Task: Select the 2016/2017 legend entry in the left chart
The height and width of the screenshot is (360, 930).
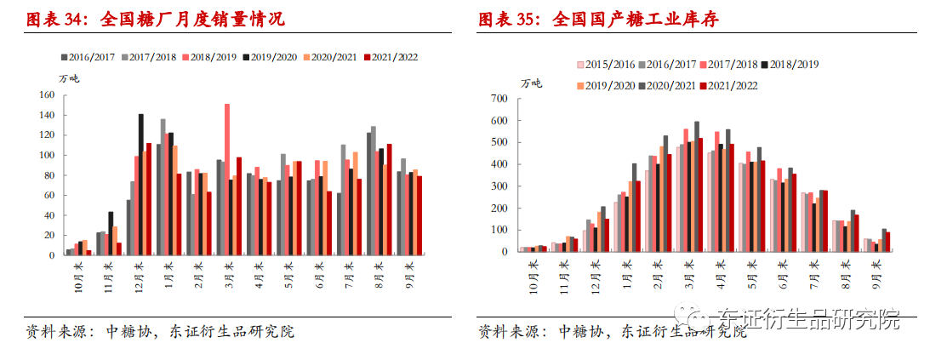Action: tap(89, 57)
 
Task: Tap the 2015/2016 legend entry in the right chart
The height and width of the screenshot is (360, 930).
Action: tap(607, 64)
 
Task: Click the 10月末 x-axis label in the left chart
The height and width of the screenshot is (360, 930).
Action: tap(77, 276)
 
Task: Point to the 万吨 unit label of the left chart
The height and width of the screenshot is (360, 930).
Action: tap(69, 78)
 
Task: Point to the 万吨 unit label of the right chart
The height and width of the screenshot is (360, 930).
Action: tap(531, 83)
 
